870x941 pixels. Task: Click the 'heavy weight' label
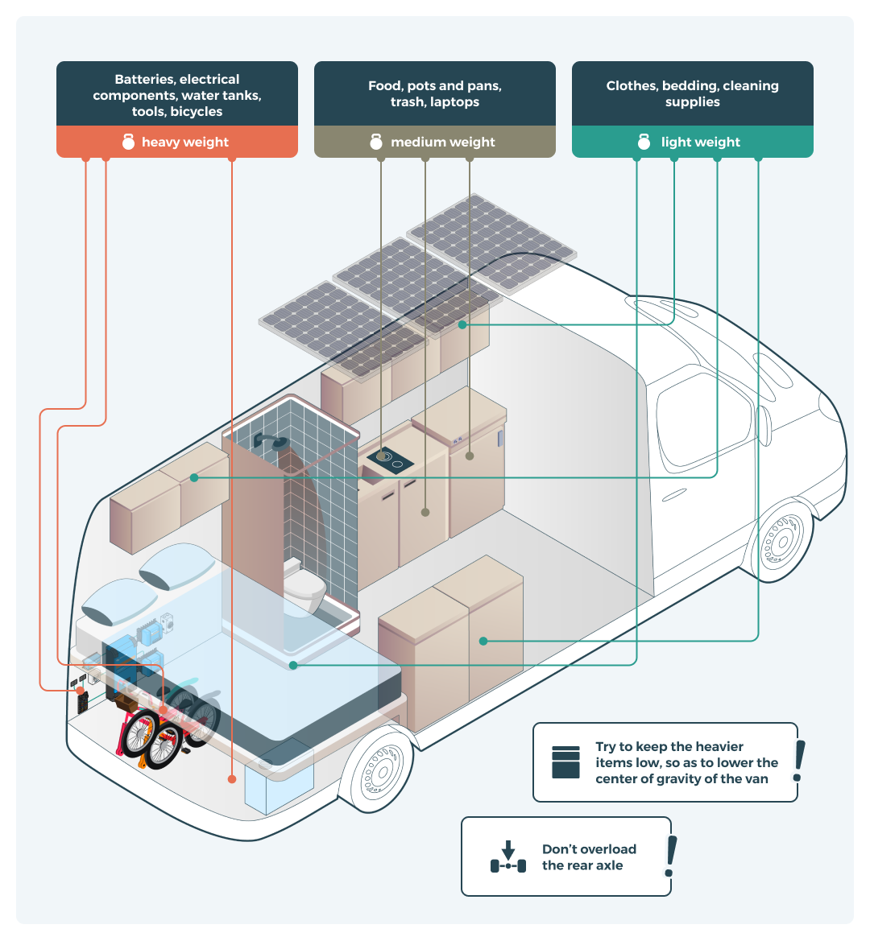tap(184, 142)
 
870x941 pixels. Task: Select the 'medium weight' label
tap(442, 142)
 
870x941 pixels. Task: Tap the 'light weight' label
tap(700, 142)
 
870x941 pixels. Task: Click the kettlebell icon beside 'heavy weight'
tap(129, 142)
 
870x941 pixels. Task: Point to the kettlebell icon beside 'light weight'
tap(644, 142)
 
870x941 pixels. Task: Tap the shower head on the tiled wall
tap(273, 441)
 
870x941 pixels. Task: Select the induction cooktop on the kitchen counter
tap(390, 460)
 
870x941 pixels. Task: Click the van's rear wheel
tap(376, 770)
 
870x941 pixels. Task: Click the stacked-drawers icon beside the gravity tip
tap(565, 762)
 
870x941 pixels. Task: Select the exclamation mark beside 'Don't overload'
tap(670, 856)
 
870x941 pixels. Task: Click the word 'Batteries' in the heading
tap(144, 80)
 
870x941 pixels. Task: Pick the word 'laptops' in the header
tap(455, 102)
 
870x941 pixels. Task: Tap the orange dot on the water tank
tap(232, 779)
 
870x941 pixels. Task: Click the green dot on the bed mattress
tap(293, 666)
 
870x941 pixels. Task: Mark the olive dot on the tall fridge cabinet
tap(470, 456)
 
